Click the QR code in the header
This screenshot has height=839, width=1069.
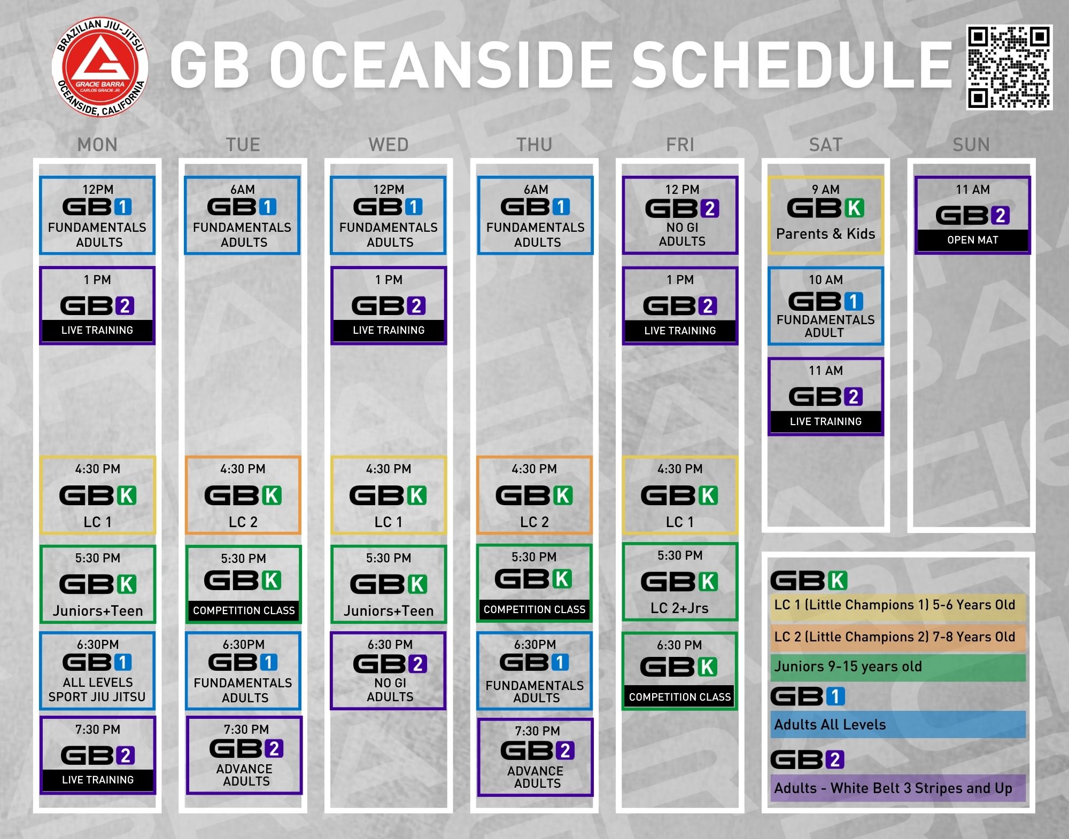point(1009,67)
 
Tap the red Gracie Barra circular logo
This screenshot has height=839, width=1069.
point(100,67)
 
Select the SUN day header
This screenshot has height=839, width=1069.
point(971,145)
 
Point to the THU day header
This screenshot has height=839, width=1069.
point(534,145)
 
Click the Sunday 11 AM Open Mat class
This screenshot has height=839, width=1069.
point(972,215)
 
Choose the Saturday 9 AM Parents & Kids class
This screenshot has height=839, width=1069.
point(826,215)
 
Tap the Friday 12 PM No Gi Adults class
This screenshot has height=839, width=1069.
point(680,215)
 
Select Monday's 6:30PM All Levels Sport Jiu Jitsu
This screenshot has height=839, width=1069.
point(97,671)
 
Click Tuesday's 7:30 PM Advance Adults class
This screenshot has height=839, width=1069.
point(244,755)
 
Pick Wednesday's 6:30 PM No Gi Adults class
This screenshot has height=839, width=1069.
point(388,671)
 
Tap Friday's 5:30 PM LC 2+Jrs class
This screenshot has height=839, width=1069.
point(680,582)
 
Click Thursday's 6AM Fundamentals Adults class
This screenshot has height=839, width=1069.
point(535,215)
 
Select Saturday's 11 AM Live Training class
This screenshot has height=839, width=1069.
point(826,397)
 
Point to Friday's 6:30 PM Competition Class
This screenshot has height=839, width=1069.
point(680,671)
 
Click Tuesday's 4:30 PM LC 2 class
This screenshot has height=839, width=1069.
point(243,496)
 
